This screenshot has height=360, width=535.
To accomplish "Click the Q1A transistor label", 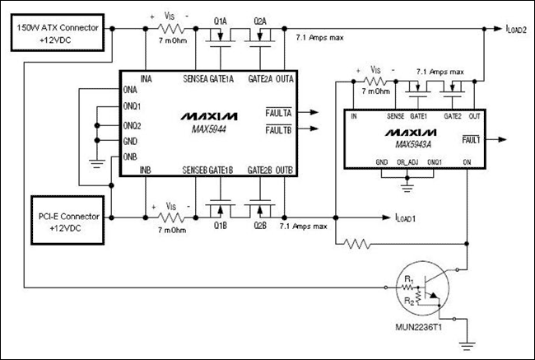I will click(221, 19).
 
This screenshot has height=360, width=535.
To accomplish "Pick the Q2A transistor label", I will click(261, 19).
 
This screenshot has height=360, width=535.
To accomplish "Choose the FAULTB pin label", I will click(277, 130).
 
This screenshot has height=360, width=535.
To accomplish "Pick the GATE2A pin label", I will click(249, 78).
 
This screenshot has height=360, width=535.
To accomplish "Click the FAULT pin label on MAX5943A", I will click(472, 142).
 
